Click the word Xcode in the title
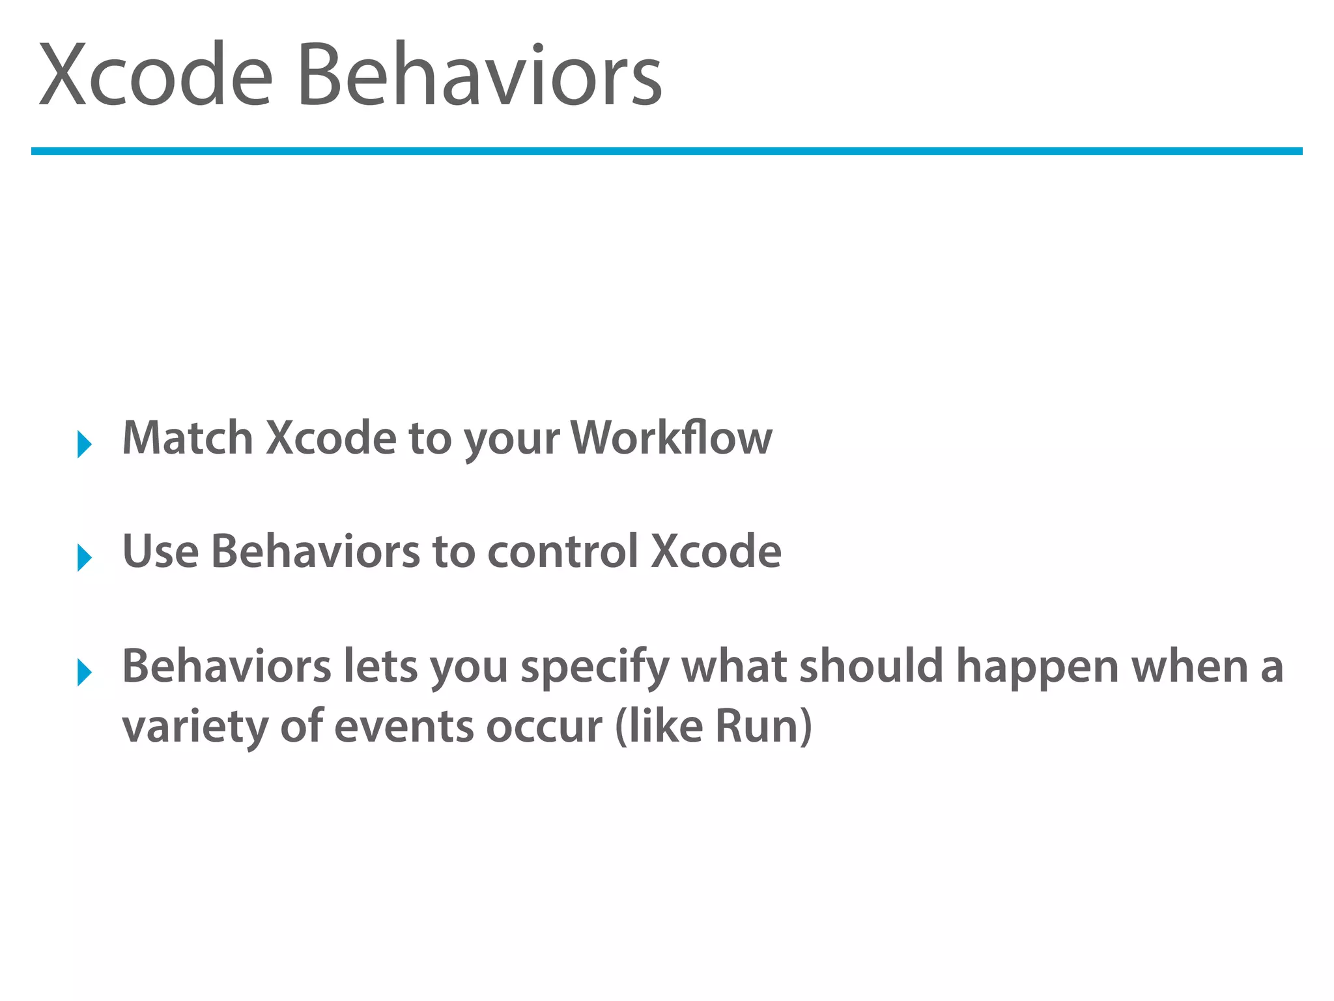coord(155,75)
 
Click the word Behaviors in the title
coord(479,75)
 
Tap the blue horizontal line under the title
coord(666,151)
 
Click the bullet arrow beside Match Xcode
coord(84,444)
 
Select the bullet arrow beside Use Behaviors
coord(84,558)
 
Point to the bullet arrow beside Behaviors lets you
coord(84,672)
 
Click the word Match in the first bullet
coord(188,438)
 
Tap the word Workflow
coord(671,438)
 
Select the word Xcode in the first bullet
coord(331,438)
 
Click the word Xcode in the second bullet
coord(716,551)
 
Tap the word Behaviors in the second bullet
coord(315,551)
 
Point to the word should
coord(871,666)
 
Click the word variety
coord(195,727)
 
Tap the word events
coord(403,727)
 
